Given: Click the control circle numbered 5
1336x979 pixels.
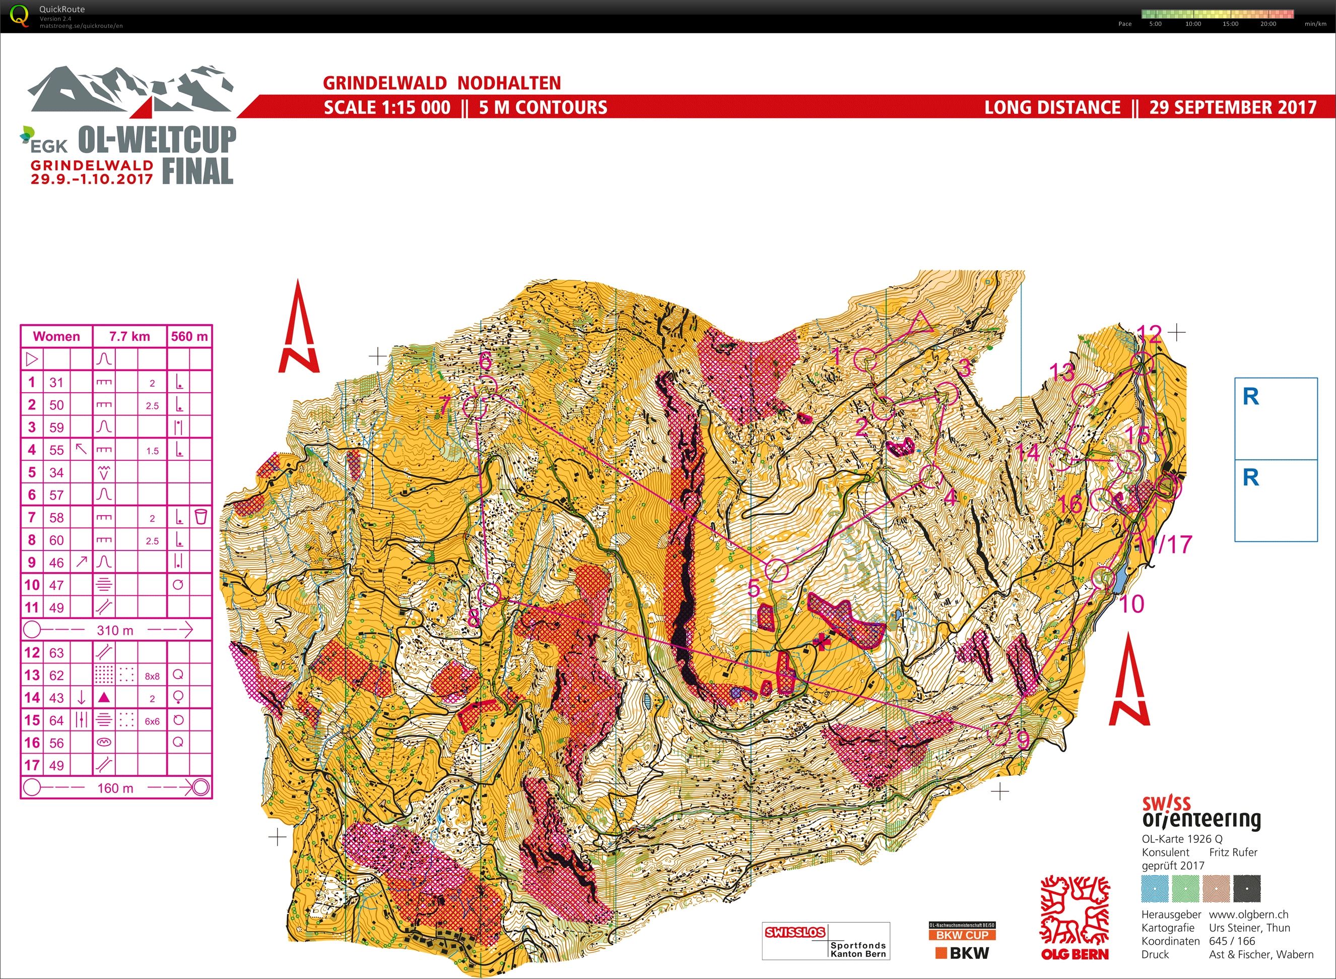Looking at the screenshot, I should click(777, 570).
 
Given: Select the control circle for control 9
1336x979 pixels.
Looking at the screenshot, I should click(999, 733).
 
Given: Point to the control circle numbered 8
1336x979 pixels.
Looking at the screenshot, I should click(489, 593).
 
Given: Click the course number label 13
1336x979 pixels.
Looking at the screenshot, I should click(1061, 372).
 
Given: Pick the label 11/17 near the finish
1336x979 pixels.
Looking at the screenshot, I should click(1164, 544).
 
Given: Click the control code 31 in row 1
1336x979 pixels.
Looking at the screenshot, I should click(56, 382).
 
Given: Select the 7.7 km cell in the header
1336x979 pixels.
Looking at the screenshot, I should click(129, 337).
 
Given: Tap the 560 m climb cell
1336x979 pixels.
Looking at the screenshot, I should click(189, 337).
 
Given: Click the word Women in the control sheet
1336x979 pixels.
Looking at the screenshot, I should click(56, 337).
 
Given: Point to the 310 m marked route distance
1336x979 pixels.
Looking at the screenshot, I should click(115, 630).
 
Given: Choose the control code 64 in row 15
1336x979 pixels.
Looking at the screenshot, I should click(56, 720).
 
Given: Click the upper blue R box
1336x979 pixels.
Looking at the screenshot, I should click(1276, 418).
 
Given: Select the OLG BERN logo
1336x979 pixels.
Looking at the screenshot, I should click(1075, 919).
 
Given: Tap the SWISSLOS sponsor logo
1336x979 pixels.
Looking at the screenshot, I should click(795, 932).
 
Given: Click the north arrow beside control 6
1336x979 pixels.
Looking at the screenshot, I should click(299, 329).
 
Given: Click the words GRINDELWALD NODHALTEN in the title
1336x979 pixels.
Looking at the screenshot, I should click(442, 83).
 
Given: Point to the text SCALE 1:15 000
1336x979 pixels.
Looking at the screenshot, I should click(387, 108).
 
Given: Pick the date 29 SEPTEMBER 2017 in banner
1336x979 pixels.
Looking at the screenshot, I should click(1233, 108).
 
